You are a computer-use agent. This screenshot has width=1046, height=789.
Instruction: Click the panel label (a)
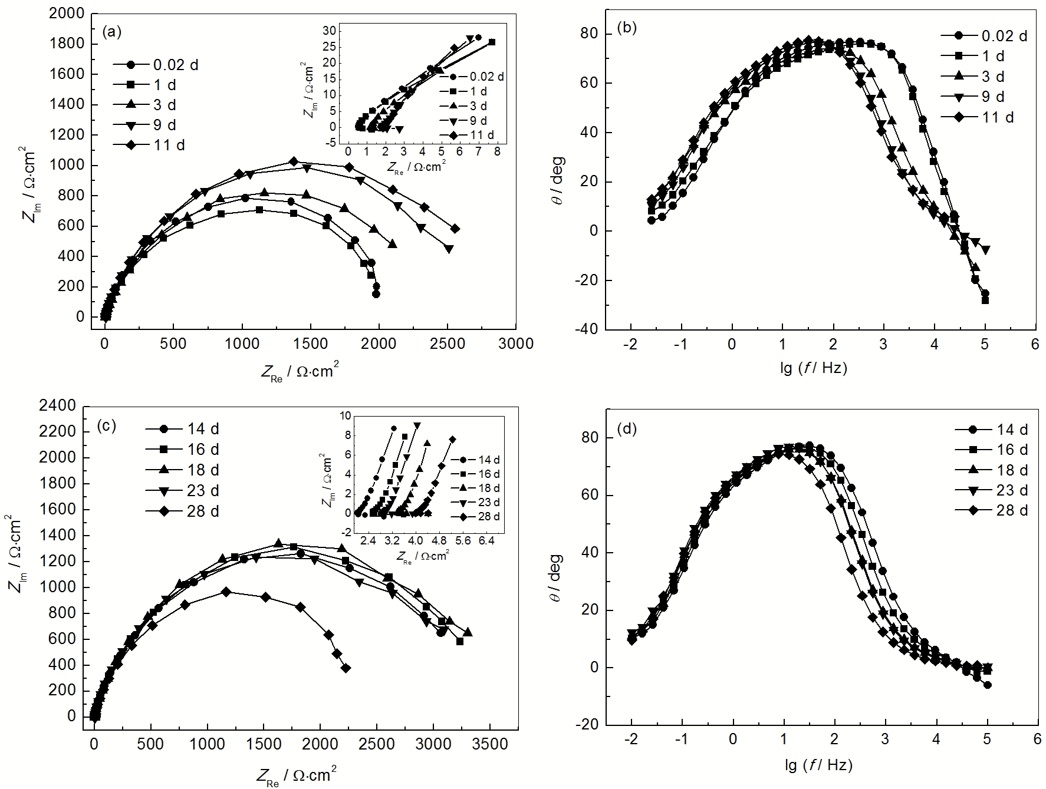[x=111, y=32]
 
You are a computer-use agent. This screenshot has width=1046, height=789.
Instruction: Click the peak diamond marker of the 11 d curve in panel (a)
[x=293, y=161]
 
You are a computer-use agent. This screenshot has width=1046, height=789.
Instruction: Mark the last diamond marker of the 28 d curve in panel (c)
[x=346, y=668]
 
